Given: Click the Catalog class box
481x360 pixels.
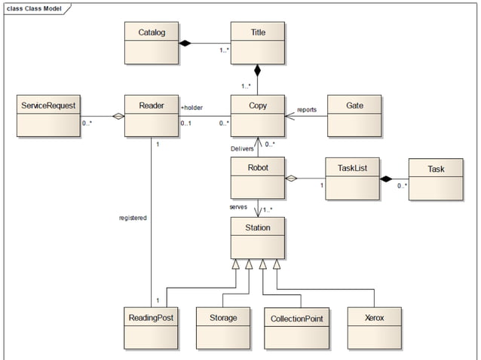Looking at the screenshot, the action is [152, 43].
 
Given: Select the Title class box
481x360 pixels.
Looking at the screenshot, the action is [258, 43].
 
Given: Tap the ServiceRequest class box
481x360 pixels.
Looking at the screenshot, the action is [48, 116].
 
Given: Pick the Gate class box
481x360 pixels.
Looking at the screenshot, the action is [354, 116].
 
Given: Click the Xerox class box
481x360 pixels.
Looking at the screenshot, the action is [375, 328].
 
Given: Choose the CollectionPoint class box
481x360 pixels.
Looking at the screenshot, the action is [296, 328].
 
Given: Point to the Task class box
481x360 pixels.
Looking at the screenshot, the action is [436, 179].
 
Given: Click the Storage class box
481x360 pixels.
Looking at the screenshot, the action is [223, 328].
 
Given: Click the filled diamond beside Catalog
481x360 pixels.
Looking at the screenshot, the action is [185, 43].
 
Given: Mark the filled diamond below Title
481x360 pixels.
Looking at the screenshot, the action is [257, 71].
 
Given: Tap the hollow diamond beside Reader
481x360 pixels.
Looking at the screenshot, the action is [118, 116].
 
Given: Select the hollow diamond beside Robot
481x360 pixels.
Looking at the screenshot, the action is [291, 178].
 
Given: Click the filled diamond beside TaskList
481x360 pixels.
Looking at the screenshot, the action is [386, 179].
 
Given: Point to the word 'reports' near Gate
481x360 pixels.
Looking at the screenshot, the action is [307, 110].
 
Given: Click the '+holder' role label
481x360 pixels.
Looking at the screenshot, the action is [191, 108].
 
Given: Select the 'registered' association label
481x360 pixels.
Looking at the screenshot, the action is [133, 218].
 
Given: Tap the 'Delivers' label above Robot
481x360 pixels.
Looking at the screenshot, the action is [242, 148].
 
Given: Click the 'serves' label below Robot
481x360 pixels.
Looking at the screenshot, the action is [238, 207].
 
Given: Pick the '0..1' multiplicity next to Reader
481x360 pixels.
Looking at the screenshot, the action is [186, 124].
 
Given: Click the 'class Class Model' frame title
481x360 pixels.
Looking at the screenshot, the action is [34, 8].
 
